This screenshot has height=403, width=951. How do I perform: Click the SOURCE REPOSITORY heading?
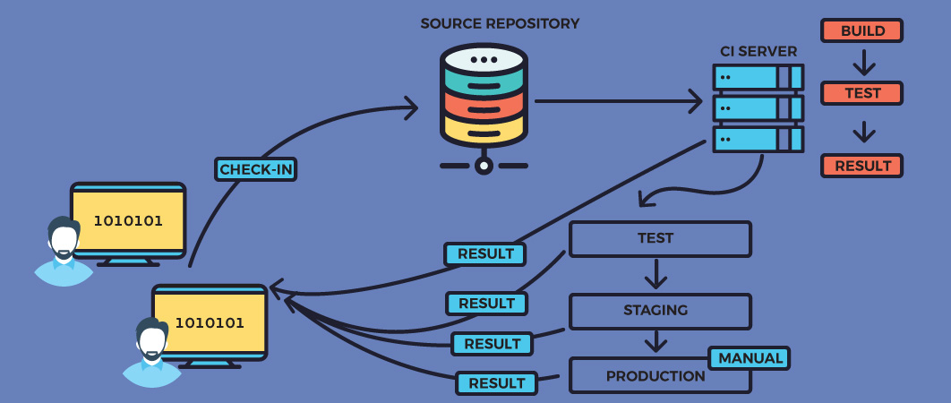(500, 23)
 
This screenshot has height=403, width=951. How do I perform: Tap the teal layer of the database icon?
(484, 82)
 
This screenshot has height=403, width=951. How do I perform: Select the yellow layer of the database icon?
(484, 130)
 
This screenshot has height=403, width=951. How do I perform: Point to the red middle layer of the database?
(484, 106)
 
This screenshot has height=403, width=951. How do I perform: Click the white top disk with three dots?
(484, 59)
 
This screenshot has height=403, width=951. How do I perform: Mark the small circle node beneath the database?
(484, 166)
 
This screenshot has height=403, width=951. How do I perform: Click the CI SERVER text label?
(758, 52)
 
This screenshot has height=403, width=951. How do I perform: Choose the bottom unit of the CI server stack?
(758, 139)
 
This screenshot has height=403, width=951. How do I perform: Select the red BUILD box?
(861, 30)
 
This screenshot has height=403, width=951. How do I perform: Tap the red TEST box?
(861, 93)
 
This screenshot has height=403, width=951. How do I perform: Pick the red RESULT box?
(861, 166)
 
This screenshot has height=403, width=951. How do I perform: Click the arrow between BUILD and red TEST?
(863, 63)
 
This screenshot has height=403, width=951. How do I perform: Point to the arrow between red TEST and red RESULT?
(863, 132)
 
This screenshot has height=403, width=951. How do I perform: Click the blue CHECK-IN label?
(255, 169)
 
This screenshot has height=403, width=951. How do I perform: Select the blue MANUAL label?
(750, 358)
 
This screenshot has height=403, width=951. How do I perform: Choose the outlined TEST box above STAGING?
(660, 239)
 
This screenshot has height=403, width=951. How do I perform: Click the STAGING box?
(660, 311)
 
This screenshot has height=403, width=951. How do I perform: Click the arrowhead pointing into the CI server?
(695, 100)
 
